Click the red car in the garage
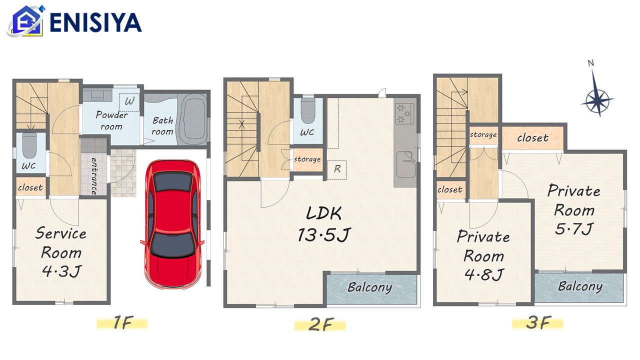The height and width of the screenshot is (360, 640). point(172,224)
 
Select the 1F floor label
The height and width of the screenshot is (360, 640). point(123,322)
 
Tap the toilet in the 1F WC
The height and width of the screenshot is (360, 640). point(29,145)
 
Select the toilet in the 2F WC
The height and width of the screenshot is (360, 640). point(308,111)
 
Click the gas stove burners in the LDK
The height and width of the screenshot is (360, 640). point(404,113)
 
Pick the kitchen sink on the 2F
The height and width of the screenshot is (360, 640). point(405,164)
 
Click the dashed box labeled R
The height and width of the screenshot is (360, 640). point(336,170)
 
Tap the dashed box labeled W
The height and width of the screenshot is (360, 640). point(129,102)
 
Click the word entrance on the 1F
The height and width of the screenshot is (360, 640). point(93,176)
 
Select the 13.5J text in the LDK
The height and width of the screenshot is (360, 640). point(323,235)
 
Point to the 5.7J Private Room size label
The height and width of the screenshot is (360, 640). point(574,229)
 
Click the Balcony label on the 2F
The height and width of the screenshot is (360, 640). point(369,287)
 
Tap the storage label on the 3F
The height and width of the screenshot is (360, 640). point(483,134)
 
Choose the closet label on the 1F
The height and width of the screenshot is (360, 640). point(30,187)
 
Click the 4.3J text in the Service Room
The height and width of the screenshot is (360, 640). point(61,271)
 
